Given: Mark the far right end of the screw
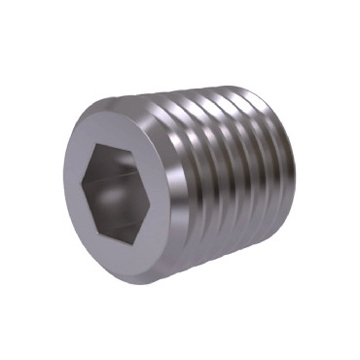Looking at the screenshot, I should [295, 180].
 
